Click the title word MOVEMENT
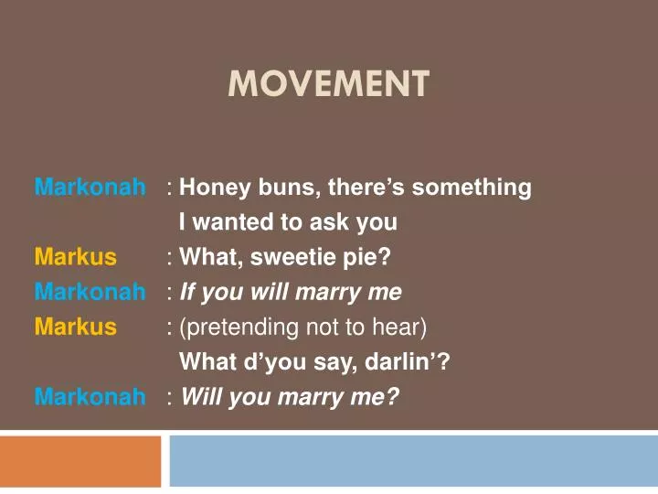click(328, 84)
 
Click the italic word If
click(188, 292)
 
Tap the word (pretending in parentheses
click(230, 327)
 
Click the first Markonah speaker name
click(90, 188)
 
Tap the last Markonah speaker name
click(90, 396)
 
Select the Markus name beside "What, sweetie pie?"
click(76, 257)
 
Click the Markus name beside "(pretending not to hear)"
click(76, 327)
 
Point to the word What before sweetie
click(207, 257)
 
